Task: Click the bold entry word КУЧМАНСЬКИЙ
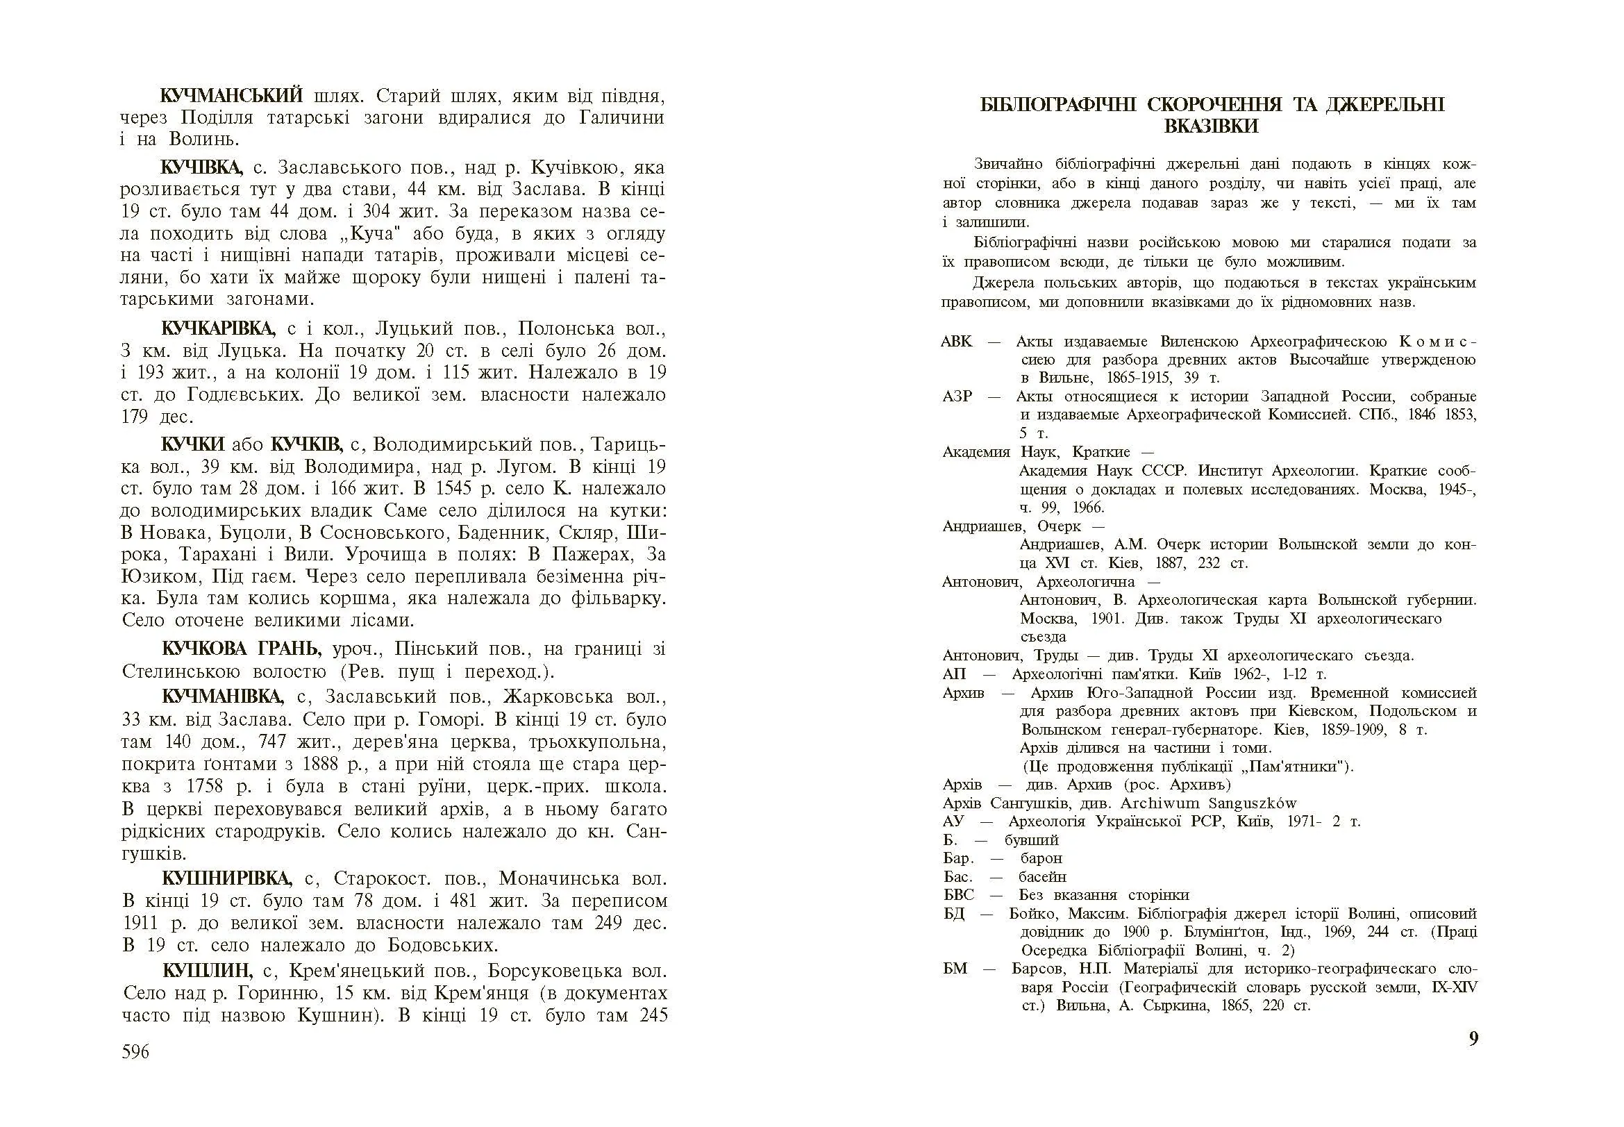[x=232, y=95]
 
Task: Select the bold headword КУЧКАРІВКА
[x=217, y=328]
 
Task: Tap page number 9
[x=1473, y=1039]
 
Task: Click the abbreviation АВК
[x=957, y=342]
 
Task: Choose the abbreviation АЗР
[x=957, y=396]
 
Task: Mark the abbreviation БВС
[x=958, y=895]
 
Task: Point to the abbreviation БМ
[x=955, y=968]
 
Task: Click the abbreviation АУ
[x=953, y=821]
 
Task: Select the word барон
[x=1041, y=859]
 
